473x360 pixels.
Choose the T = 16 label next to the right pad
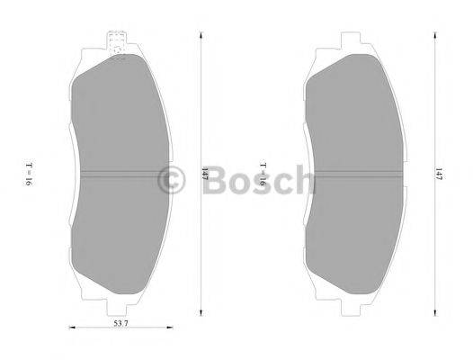[x=263, y=174]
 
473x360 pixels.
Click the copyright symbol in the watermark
[x=168, y=181]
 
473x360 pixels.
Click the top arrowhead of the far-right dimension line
[x=431, y=35]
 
